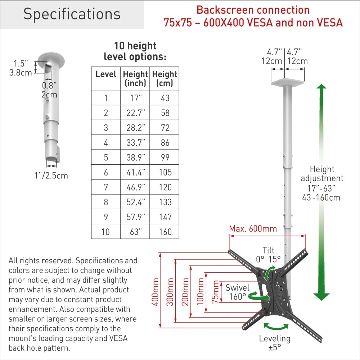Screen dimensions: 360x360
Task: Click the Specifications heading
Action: [72, 14]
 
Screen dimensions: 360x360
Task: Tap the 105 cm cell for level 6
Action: [165, 172]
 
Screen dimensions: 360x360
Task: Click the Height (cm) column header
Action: [165, 79]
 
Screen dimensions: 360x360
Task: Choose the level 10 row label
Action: [105, 232]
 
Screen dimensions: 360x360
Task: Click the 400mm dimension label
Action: [155, 292]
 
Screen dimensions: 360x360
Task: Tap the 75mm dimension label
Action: [216, 292]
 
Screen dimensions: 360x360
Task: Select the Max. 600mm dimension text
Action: [253, 229]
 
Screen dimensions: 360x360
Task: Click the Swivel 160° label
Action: [238, 292]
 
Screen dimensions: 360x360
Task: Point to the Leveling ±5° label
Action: [275, 343]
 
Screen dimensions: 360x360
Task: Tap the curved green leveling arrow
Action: [276, 327]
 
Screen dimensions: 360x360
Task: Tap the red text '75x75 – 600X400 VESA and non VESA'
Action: [253, 23]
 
